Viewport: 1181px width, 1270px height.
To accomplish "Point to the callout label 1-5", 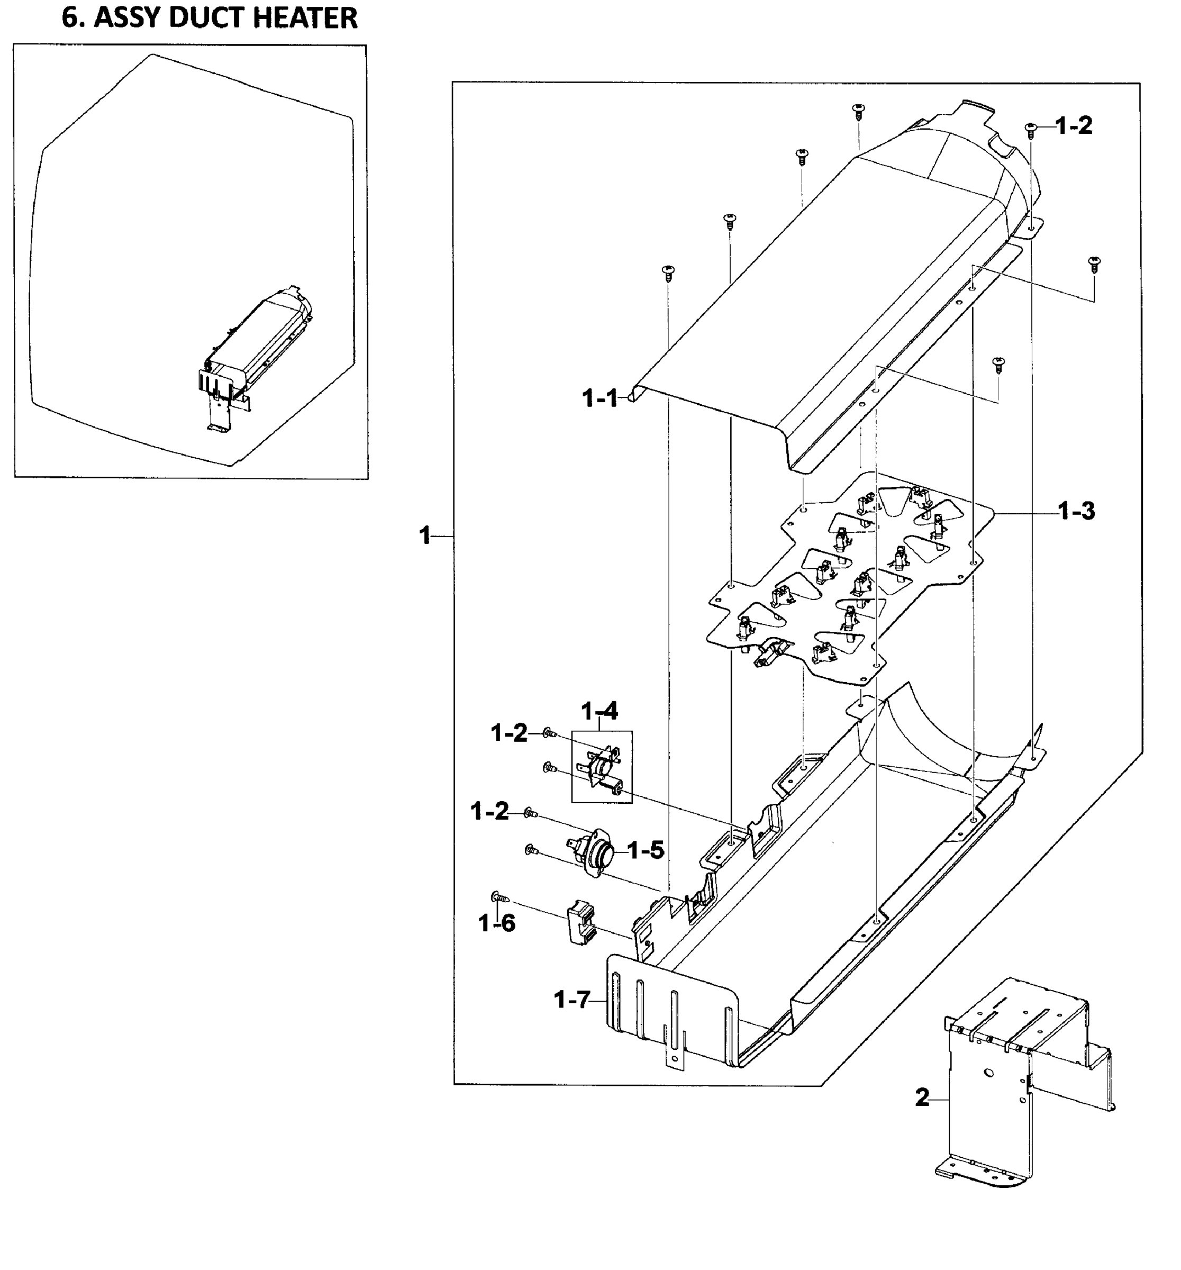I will [x=645, y=850].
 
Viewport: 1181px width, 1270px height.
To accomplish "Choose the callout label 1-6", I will [x=497, y=923].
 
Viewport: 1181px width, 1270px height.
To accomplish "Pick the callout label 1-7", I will [x=571, y=1000].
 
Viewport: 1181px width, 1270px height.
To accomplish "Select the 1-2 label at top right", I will [x=1074, y=126].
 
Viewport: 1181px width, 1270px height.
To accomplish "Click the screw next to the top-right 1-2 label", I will [x=1030, y=129].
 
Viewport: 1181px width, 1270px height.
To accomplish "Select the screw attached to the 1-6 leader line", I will [x=500, y=897].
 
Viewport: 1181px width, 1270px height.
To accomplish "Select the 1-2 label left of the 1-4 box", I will [x=508, y=733].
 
